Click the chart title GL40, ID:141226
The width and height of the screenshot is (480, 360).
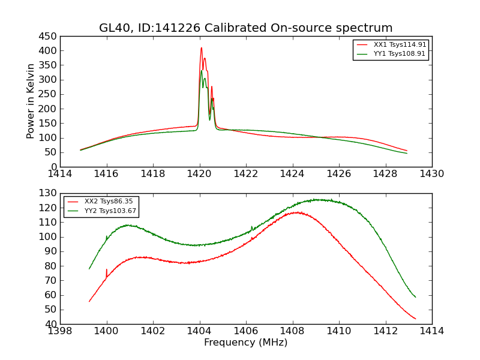point(245,28)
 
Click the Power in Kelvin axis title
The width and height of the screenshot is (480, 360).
point(31,101)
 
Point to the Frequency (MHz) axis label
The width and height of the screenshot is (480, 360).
point(245,343)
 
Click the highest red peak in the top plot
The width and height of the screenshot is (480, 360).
point(202,48)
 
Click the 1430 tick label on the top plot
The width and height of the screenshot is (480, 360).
point(431,174)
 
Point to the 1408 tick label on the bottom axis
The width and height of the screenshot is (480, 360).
point(292,331)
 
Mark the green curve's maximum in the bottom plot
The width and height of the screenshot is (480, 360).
point(318,199)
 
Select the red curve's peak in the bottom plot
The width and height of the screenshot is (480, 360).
point(296,212)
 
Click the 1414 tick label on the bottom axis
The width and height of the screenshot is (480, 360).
point(431,331)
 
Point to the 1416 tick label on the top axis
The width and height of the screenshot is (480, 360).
point(107,174)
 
